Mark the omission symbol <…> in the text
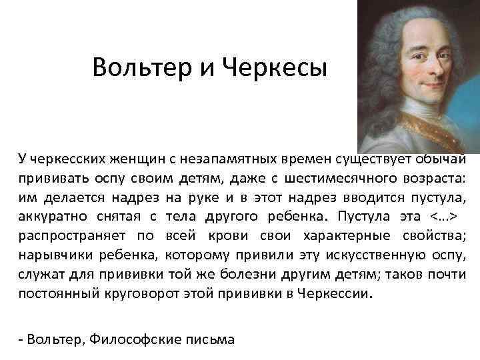click(x=441, y=216)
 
